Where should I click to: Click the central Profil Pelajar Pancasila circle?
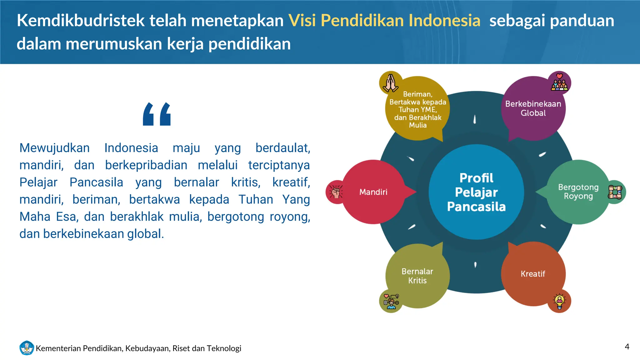476,192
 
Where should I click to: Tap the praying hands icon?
390,83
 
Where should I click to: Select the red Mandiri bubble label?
373,192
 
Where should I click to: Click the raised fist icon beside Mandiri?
336,192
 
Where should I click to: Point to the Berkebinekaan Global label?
533,108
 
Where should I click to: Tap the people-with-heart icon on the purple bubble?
559,83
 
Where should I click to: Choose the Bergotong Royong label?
578,192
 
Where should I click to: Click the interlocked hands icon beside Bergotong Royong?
615,192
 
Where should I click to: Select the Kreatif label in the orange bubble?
533,274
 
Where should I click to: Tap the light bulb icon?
559,301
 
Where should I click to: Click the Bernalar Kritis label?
417,276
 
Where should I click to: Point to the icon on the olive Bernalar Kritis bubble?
391,301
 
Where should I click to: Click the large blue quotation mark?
157,114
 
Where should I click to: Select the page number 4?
627,347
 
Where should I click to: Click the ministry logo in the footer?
27,348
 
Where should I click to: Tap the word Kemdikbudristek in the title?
81,21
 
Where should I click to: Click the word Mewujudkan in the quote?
55,148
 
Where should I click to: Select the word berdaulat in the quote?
282,148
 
